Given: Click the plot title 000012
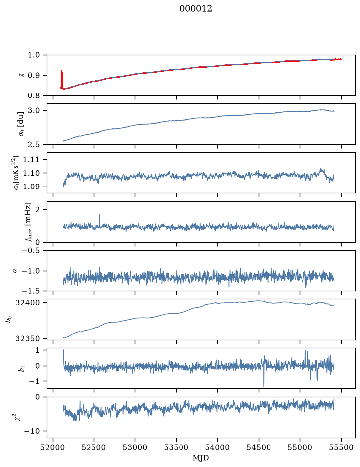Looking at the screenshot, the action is pos(195,9).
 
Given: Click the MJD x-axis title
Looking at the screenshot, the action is pos(201,458).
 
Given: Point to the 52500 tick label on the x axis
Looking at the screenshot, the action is pos(94,448).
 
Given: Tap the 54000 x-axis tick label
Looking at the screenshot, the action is pos(217,448).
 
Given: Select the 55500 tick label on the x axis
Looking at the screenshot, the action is pos(341,448).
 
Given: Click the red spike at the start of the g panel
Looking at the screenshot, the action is pos(62,80).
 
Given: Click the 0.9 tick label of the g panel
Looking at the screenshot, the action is pos(36,76).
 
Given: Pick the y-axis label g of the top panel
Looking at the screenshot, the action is pos(21,75).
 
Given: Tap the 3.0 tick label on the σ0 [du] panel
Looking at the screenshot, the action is pos(36,111).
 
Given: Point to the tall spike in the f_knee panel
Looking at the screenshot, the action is pos(99,220).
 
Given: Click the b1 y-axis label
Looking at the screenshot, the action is pos(22,368).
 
